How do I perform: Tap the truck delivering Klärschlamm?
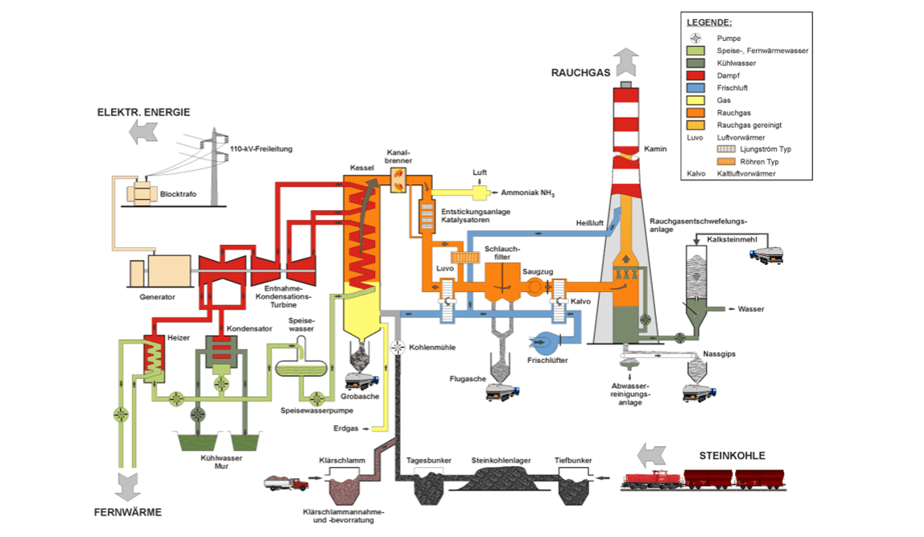287,484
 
